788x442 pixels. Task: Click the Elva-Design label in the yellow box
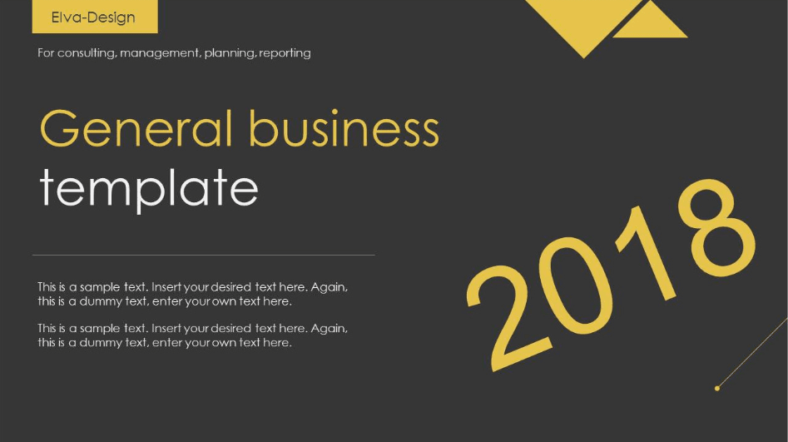point(93,17)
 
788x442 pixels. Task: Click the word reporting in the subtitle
point(285,53)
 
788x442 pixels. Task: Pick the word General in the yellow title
point(136,128)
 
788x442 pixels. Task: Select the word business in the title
point(344,128)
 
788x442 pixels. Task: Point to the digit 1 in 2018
point(646,254)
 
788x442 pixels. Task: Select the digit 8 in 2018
point(716,227)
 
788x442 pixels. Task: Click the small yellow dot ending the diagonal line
point(717,388)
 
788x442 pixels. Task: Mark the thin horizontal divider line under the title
point(204,255)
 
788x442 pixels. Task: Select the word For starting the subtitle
point(46,52)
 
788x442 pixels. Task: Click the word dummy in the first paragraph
point(97,301)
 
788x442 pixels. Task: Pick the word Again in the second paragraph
point(330,329)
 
